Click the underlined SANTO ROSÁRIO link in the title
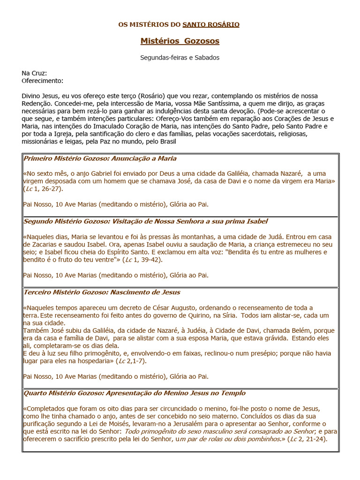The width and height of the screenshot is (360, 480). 211,24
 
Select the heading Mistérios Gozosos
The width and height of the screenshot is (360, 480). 180,41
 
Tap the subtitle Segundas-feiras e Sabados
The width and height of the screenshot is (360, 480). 180,58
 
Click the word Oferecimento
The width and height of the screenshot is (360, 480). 42,81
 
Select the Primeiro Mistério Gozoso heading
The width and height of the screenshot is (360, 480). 100,158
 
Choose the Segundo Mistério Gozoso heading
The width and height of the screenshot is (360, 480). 145,221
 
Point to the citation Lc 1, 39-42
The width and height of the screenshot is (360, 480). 142,260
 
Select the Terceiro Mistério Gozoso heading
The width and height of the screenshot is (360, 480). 102,292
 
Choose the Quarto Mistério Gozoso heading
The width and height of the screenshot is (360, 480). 134,393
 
